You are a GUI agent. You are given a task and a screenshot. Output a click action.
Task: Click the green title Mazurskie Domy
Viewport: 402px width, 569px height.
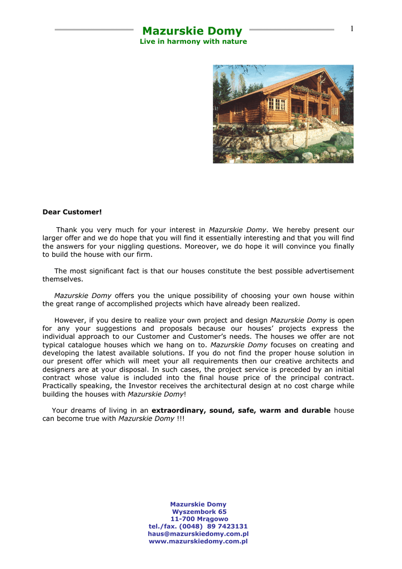pyautogui.click(x=192, y=31)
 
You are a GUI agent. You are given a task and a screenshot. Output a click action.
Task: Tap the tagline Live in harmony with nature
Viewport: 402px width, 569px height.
pyautogui.click(x=193, y=42)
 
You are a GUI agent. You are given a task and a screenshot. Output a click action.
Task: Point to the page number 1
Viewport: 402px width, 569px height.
pyautogui.click(x=352, y=29)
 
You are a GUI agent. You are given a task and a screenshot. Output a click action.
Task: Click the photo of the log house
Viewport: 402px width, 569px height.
pyautogui.click(x=283, y=114)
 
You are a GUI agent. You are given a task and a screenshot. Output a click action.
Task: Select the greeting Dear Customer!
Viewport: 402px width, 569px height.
pyautogui.click(x=72, y=212)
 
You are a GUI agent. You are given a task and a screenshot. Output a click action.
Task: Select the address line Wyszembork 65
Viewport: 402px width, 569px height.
pyautogui.click(x=199, y=512)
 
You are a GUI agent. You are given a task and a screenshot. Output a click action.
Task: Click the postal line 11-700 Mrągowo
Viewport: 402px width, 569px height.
pyautogui.click(x=199, y=519)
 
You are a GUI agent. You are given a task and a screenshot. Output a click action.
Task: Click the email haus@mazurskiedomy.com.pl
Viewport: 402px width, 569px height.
pyautogui.click(x=198, y=533)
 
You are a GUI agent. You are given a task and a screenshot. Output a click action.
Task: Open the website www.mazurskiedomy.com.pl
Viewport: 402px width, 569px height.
pyautogui.click(x=198, y=541)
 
